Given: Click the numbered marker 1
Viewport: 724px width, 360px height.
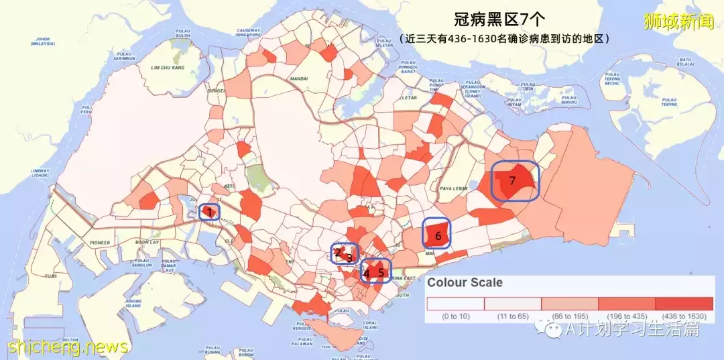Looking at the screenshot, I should coord(209,213).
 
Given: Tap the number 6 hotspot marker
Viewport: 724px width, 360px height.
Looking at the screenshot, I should coord(438,236).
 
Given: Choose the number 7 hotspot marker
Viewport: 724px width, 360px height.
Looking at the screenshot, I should coord(512,180).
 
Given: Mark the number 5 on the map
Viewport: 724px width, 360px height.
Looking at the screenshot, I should coord(381,272).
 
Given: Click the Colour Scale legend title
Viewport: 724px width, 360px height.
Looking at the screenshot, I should coord(465,283).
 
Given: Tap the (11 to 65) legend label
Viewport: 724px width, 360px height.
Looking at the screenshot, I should coord(513,316).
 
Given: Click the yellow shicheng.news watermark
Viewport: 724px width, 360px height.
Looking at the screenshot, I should coord(68,347).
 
